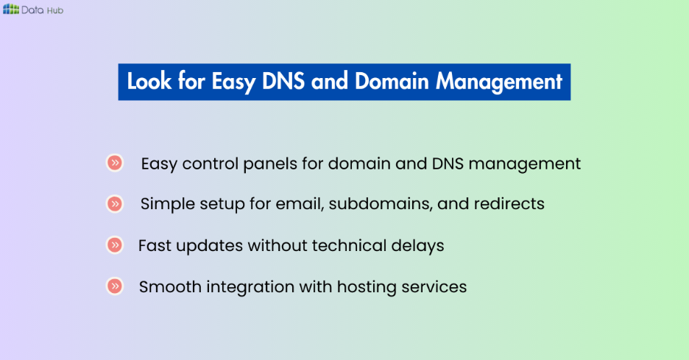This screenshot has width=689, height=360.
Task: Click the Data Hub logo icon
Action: click(11, 9)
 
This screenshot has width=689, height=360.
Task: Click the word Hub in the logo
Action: click(54, 10)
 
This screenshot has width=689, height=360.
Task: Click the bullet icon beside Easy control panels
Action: click(114, 163)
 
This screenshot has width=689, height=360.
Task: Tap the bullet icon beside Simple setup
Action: click(114, 203)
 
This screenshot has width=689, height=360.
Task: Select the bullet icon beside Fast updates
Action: click(114, 244)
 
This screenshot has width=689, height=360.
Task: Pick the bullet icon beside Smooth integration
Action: click(114, 286)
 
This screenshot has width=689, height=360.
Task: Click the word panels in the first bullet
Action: click(273, 163)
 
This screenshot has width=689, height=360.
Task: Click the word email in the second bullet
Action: click(301, 204)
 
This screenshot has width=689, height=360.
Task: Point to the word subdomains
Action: click(381, 204)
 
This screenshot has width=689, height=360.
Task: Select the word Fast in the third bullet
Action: click(155, 245)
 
